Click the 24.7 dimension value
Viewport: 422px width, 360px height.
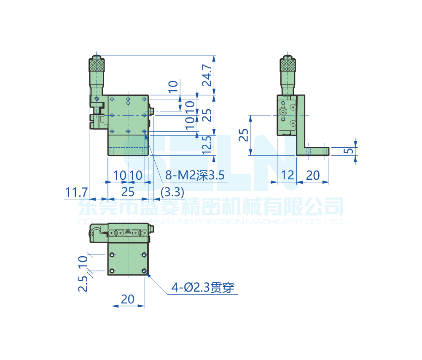(x=207, y=75)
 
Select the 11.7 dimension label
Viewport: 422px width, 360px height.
(x=76, y=192)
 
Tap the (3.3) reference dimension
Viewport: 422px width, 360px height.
(x=172, y=192)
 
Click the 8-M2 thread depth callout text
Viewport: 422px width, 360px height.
(x=195, y=175)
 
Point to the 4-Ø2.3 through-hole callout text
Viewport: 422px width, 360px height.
(x=202, y=288)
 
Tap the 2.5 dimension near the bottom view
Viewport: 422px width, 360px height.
(x=83, y=283)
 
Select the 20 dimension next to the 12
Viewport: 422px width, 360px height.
(x=312, y=175)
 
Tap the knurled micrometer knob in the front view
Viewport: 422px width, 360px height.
(x=97, y=65)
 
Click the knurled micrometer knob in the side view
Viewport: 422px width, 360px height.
(x=288, y=65)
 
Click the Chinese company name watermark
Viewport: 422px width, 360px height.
(x=211, y=207)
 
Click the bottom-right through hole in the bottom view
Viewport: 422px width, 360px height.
(x=145, y=271)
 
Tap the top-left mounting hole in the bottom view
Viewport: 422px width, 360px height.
(x=112, y=255)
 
